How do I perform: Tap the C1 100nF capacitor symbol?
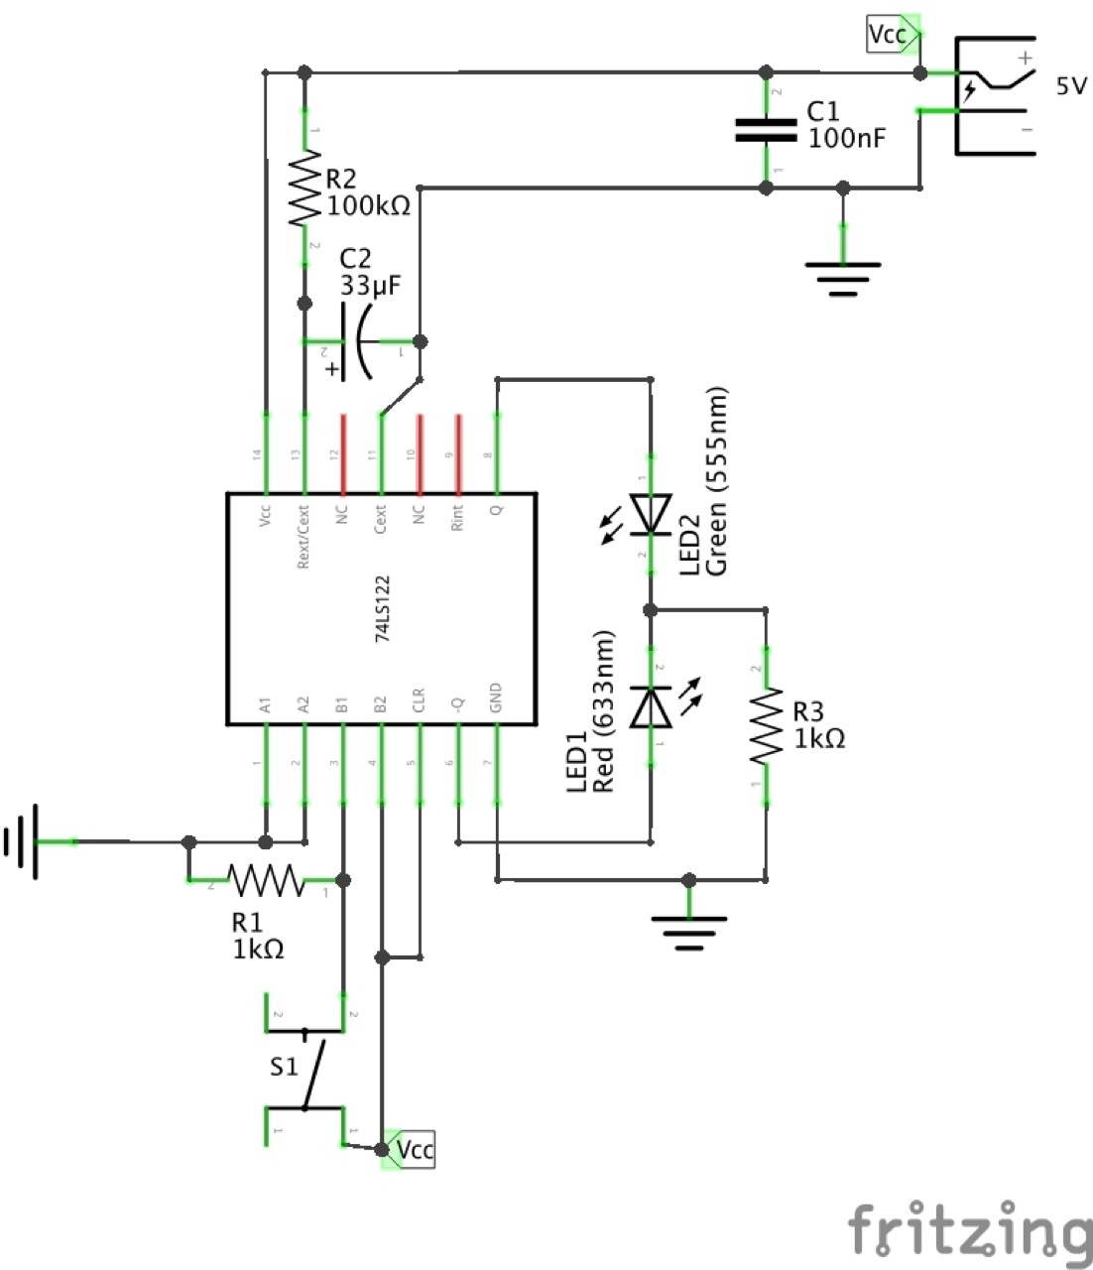(x=765, y=130)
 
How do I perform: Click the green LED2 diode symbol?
(x=652, y=515)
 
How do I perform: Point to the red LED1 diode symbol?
(x=652, y=706)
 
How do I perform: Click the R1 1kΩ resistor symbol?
(x=266, y=879)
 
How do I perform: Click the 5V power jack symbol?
(x=992, y=95)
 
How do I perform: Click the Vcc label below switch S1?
(x=413, y=1150)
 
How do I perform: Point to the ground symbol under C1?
(x=843, y=272)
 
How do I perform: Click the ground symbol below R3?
(x=688, y=929)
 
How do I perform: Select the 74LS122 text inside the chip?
(x=382, y=608)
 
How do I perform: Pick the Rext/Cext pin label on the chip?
(x=304, y=535)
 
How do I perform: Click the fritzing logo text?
(x=967, y=1231)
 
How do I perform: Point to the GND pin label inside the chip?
(x=496, y=699)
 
